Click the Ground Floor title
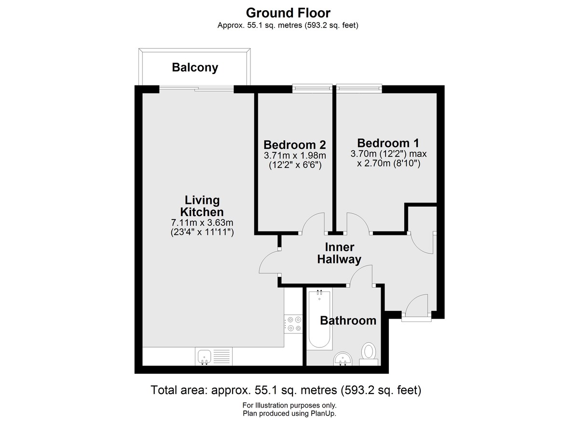[x=288, y=13]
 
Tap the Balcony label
[x=195, y=68]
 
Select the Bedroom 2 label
[x=294, y=145]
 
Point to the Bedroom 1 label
[x=388, y=143]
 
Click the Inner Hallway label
[x=339, y=253]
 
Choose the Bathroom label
[x=348, y=320]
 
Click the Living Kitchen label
[x=202, y=206]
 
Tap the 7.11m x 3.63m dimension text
[x=202, y=222]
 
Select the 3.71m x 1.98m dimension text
[x=295, y=155]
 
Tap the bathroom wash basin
[x=343, y=359]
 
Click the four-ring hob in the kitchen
[x=293, y=324]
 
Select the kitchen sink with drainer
[x=214, y=356]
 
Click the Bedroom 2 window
[x=312, y=88]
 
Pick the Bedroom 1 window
[x=359, y=88]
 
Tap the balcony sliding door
[x=196, y=89]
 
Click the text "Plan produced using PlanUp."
[x=289, y=413]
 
